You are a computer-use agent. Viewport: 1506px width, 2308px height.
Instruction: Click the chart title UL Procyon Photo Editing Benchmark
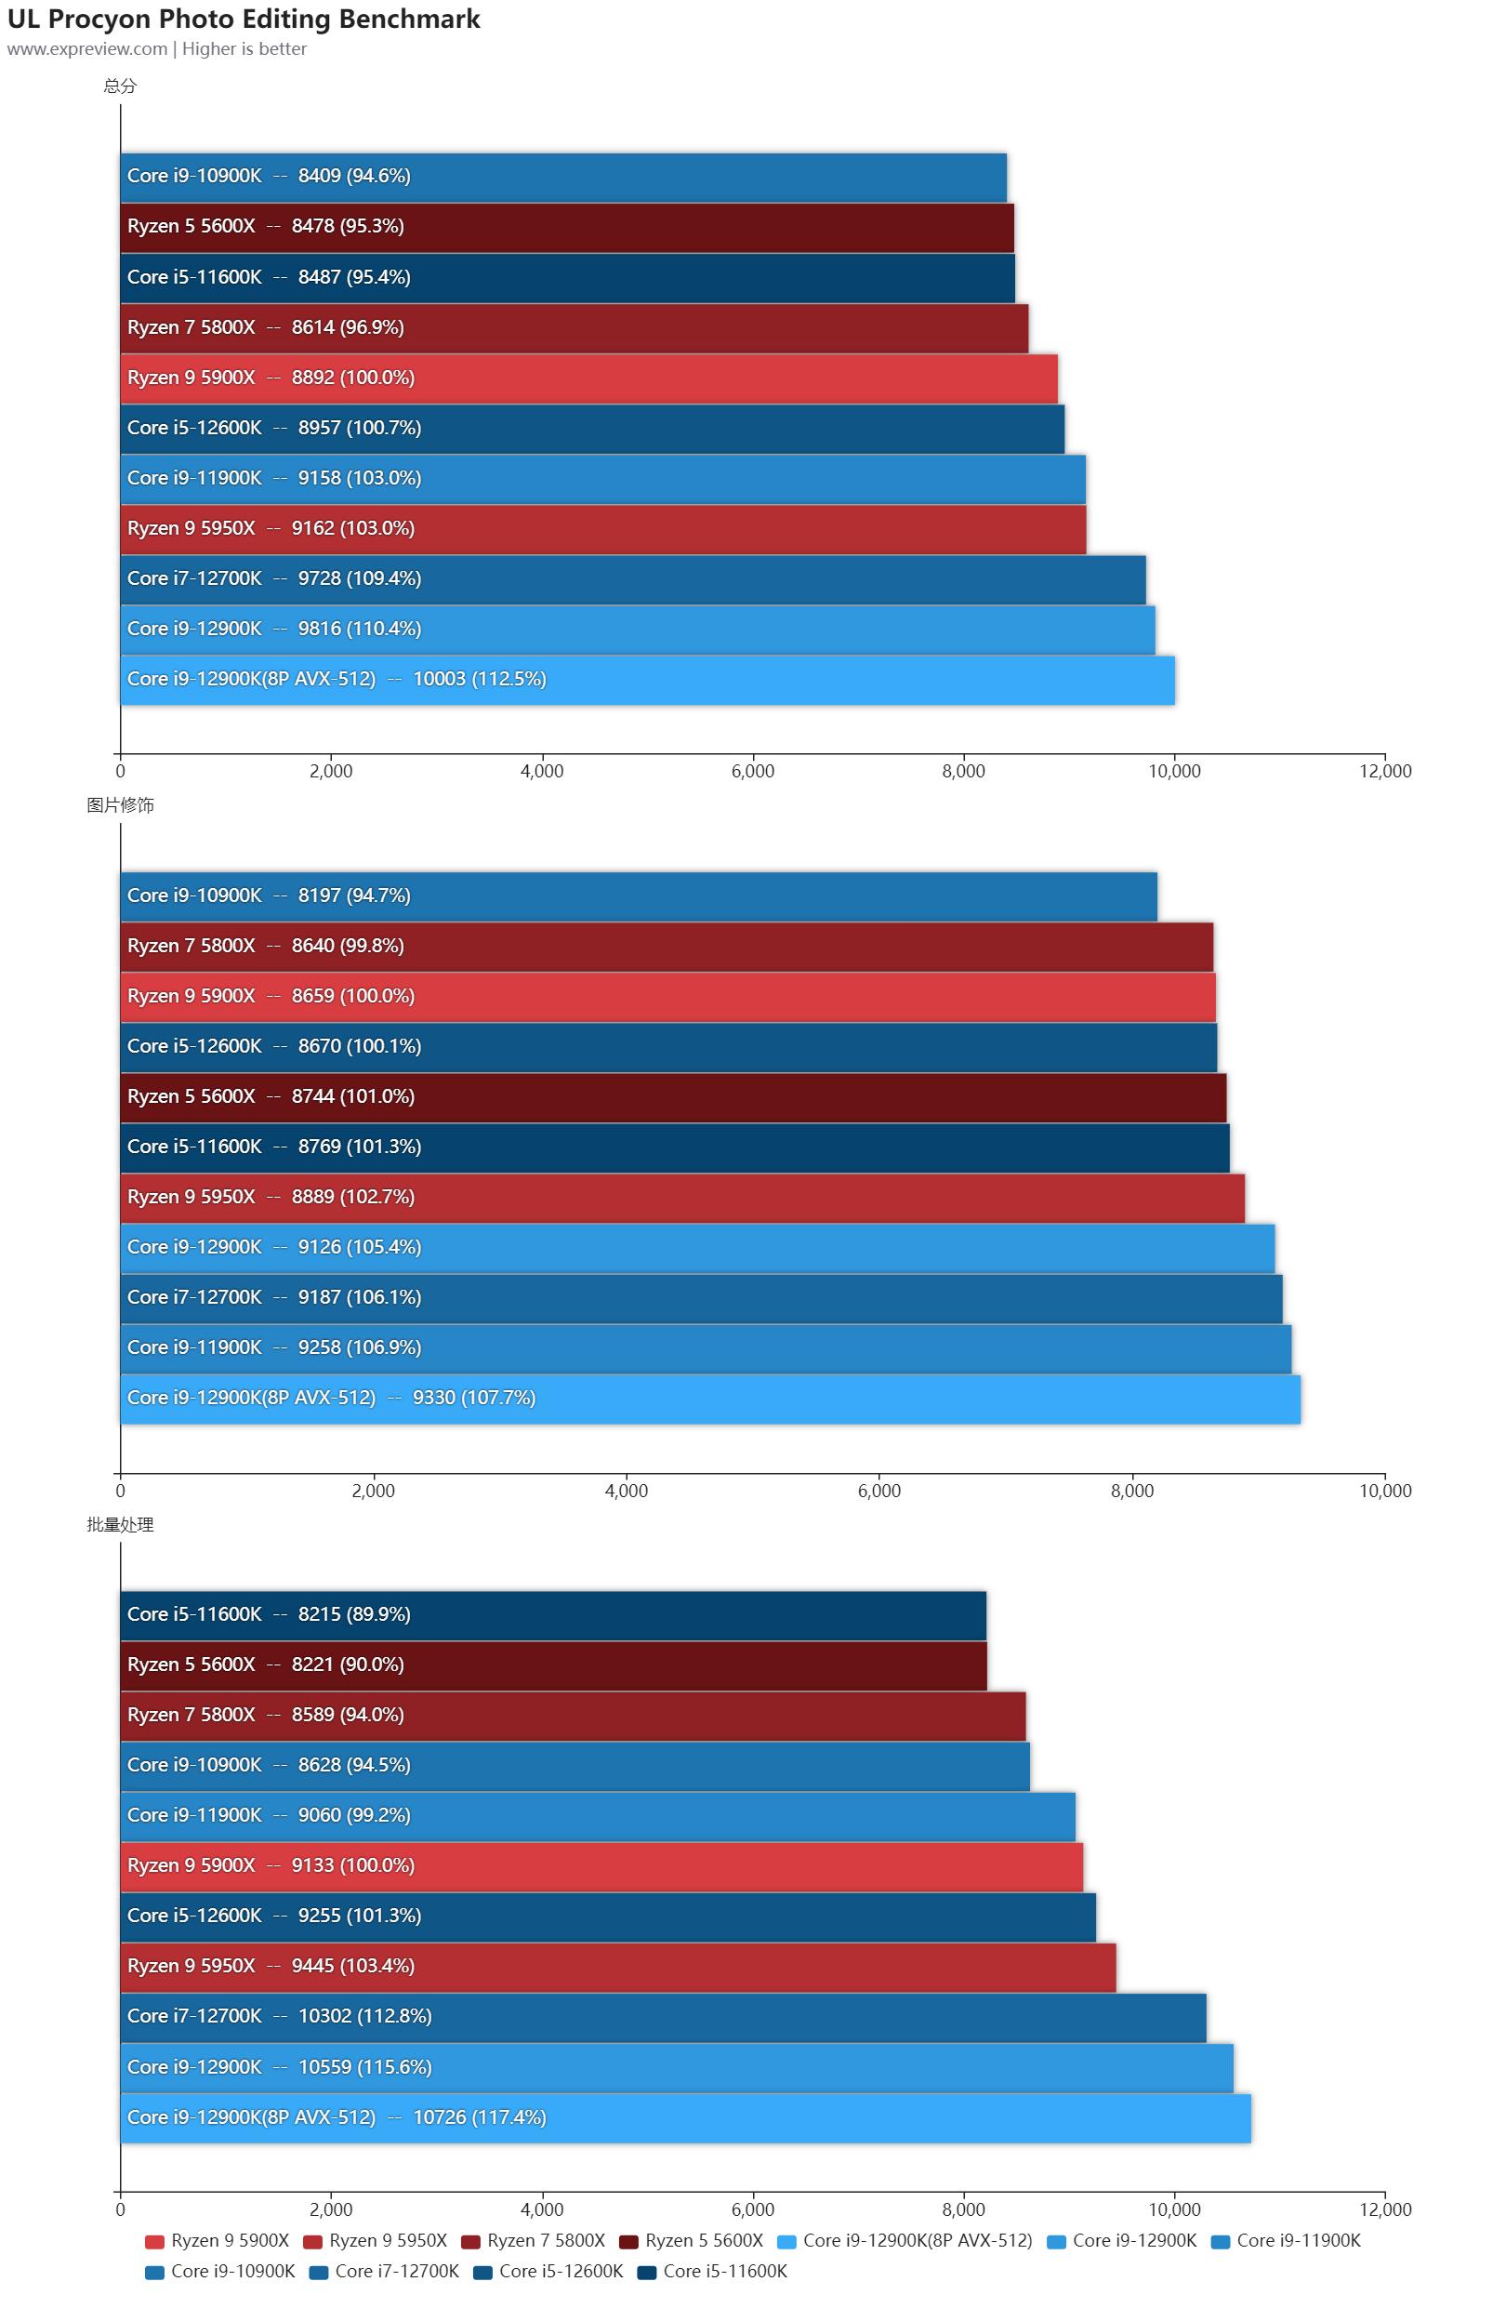244,20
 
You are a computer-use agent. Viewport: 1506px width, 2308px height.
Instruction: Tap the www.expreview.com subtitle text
86,49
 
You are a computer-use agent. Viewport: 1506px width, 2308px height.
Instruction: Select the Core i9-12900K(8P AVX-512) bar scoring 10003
647,680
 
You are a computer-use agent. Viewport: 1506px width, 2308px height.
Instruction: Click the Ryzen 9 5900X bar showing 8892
588,378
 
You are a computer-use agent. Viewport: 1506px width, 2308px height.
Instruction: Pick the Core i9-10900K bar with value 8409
562,177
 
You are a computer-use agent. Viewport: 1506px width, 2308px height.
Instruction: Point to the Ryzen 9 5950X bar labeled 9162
602,528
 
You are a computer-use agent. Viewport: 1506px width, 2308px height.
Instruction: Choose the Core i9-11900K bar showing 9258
705,1348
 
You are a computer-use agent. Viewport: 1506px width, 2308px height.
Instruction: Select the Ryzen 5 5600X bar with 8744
673,1096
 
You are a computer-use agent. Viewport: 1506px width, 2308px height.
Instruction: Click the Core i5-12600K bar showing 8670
668,1046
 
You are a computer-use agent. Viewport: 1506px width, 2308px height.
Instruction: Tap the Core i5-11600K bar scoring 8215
553,1614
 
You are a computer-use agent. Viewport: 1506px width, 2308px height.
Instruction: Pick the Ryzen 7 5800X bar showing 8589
572,1716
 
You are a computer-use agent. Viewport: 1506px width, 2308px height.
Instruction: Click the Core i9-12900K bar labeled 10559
676,2066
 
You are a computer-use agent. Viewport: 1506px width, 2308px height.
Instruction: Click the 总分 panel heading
120,86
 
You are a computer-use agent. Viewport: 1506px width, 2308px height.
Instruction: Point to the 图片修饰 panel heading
120,805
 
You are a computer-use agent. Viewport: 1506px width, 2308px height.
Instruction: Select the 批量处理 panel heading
120,1524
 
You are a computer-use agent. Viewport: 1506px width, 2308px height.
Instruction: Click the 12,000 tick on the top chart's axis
1385,771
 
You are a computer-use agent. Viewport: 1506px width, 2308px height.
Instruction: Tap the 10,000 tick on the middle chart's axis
1385,1491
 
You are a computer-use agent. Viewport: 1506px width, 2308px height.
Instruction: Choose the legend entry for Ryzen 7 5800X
535,2240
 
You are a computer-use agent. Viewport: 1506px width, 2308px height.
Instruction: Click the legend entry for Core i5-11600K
713,2271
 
